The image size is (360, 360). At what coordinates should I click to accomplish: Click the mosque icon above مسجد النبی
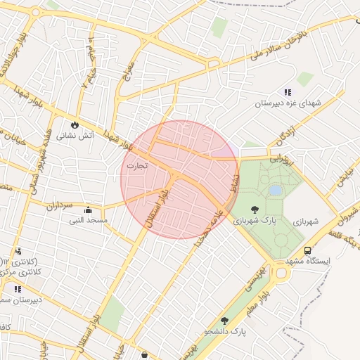(x=88, y=210)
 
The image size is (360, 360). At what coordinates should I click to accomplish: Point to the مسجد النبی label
(x=88, y=221)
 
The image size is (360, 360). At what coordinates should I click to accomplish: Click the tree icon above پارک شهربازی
(x=254, y=209)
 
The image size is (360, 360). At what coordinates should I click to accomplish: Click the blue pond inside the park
(x=275, y=190)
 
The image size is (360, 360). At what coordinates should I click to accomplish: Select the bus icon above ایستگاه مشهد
(x=307, y=250)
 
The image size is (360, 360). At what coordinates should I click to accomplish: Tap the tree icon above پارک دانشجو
(x=225, y=321)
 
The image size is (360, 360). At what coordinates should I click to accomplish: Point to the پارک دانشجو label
(x=226, y=331)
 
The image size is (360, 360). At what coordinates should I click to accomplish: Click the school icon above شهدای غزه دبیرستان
(x=288, y=92)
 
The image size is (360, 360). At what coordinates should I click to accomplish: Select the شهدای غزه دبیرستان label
(x=288, y=103)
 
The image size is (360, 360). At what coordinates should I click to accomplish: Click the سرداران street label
(x=60, y=205)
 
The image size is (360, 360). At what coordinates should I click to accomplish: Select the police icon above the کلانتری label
(x=18, y=251)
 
